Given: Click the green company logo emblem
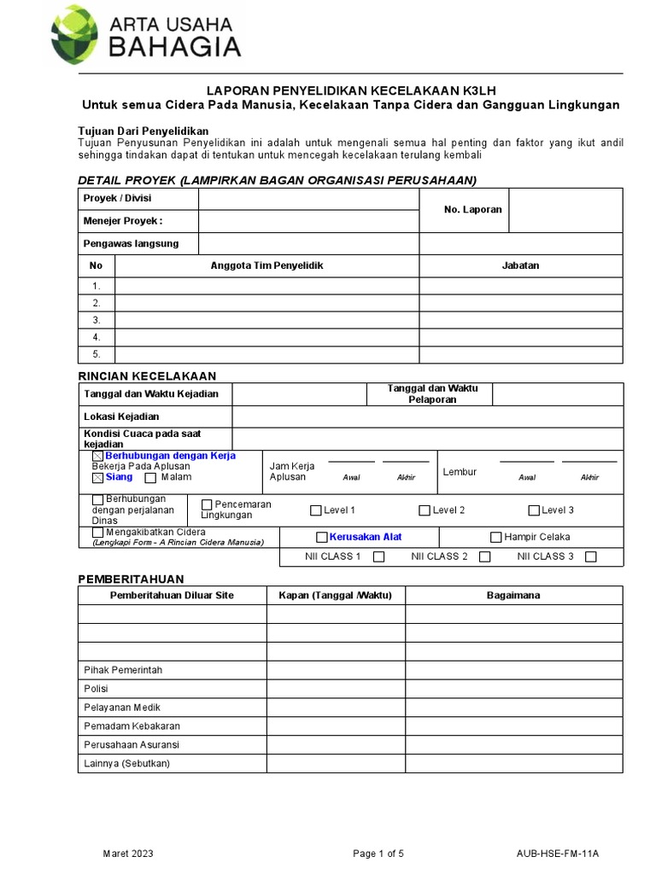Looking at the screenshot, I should [x=74, y=35].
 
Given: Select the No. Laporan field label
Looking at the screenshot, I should [x=472, y=210].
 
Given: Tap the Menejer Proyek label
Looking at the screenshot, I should [x=122, y=221].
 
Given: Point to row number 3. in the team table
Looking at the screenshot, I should [x=97, y=320].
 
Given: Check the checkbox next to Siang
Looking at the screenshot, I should [x=98, y=478].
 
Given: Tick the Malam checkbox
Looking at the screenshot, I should [x=150, y=478].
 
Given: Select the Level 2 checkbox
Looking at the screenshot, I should [x=425, y=510].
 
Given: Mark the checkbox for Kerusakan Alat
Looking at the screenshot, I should [x=321, y=537].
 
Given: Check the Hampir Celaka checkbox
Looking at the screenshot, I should [x=495, y=537].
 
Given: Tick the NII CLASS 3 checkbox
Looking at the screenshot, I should [x=590, y=556].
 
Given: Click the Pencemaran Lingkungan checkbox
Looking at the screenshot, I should [x=206, y=504].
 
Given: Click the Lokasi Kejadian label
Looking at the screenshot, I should [x=121, y=417].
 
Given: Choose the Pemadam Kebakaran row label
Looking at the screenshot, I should [x=132, y=726].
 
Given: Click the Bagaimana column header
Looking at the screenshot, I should [x=513, y=595].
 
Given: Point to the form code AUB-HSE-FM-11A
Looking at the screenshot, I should [x=558, y=854].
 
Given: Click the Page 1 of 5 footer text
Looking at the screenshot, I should [x=378, y=854].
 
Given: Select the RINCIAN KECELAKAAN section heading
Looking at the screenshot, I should [x=147, y=376].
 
